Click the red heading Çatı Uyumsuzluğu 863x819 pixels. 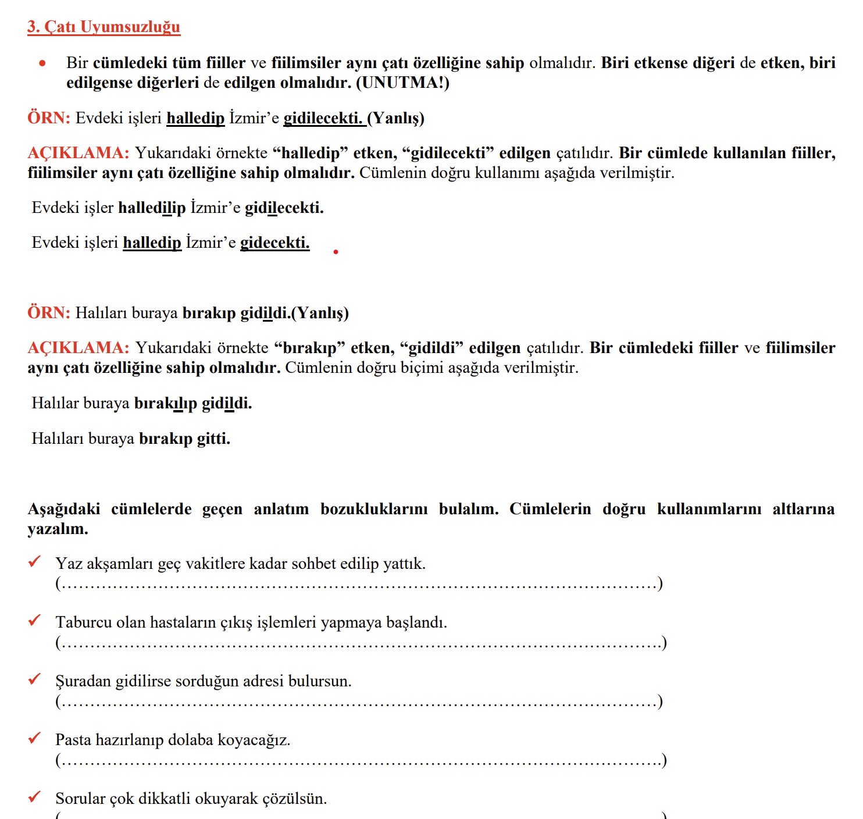(x=104, y=27)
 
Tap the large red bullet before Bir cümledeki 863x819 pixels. (x=42, y=63)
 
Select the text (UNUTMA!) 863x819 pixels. (x=402, y=83)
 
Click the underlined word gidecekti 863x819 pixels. (x=274, y=243)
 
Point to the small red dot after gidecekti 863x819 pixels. (x=336, y=252)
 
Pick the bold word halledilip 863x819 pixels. (x=152, y=208)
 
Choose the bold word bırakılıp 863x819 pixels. (x=166, y=403)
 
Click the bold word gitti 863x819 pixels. (x=213, y=439)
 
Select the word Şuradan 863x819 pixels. (x=83, y=681)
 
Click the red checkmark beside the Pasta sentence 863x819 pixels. (x=35, y=738)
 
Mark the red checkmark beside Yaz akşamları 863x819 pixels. (x=35, y=561)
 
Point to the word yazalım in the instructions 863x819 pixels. (x=58, y=529)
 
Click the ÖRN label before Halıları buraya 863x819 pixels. (x=49, y=313)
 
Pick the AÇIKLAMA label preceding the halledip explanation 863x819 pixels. (x=78, y=153)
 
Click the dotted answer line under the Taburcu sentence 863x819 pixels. (x=361, y=643)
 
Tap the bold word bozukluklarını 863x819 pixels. (x=374, y=509)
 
